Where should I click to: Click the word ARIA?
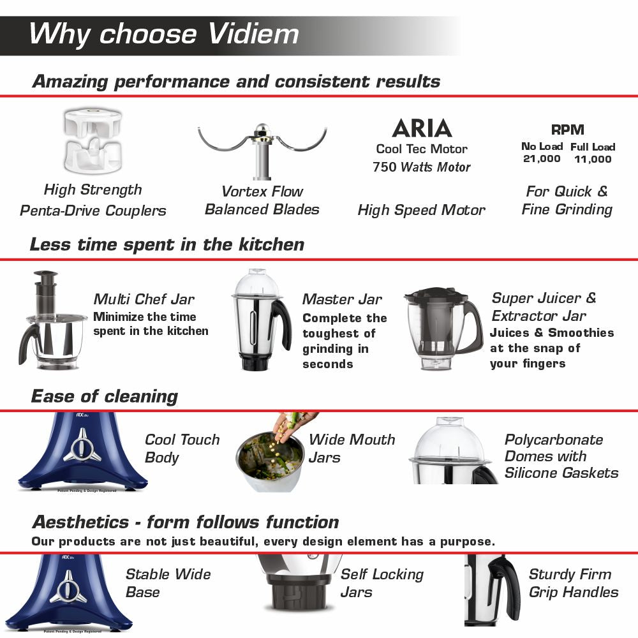(x=422, y=128)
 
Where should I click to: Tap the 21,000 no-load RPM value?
(x=542, y=159)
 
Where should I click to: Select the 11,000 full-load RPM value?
(x=593, y=159)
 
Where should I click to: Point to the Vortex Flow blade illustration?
(x=262, y=147)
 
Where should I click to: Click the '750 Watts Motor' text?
(x=421, y=167)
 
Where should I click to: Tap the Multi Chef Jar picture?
(x=53, y=323)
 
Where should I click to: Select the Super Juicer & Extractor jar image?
(x=443, y=328)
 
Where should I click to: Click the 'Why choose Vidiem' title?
(x=164, y=34)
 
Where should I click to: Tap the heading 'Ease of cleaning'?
(x=104, y=396)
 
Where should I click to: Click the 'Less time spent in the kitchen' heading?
(x=167, y=244)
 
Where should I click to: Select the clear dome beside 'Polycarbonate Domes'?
(x=450, y=440)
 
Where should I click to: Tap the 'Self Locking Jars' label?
(x=382, y=582)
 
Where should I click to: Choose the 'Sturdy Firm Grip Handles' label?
(x=573, y=582)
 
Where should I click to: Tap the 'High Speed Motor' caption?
(x=421, y=210)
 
